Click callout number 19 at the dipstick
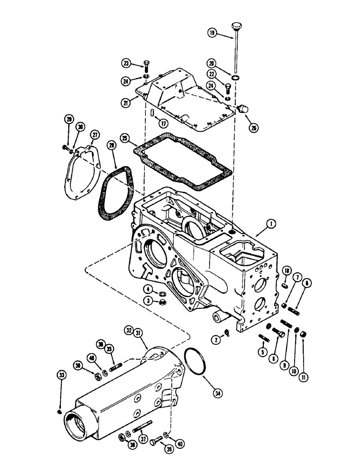pos(211,32)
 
